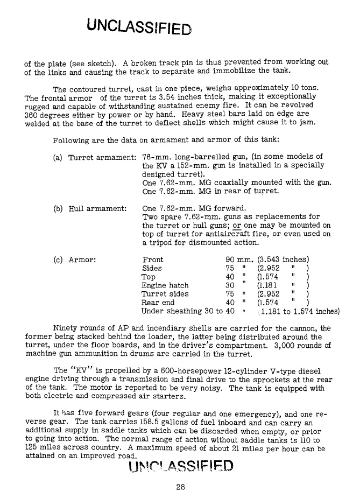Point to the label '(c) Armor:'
tap(75, 260)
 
